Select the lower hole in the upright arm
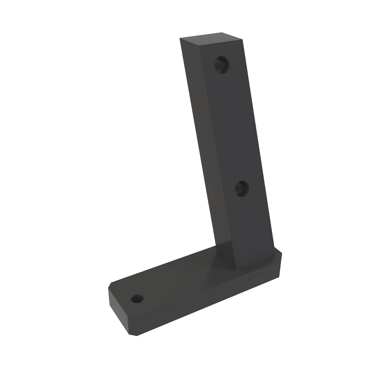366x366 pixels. click(242, 188)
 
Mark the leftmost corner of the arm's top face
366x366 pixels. click(180, 38)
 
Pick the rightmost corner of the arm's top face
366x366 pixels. click(243, 39)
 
